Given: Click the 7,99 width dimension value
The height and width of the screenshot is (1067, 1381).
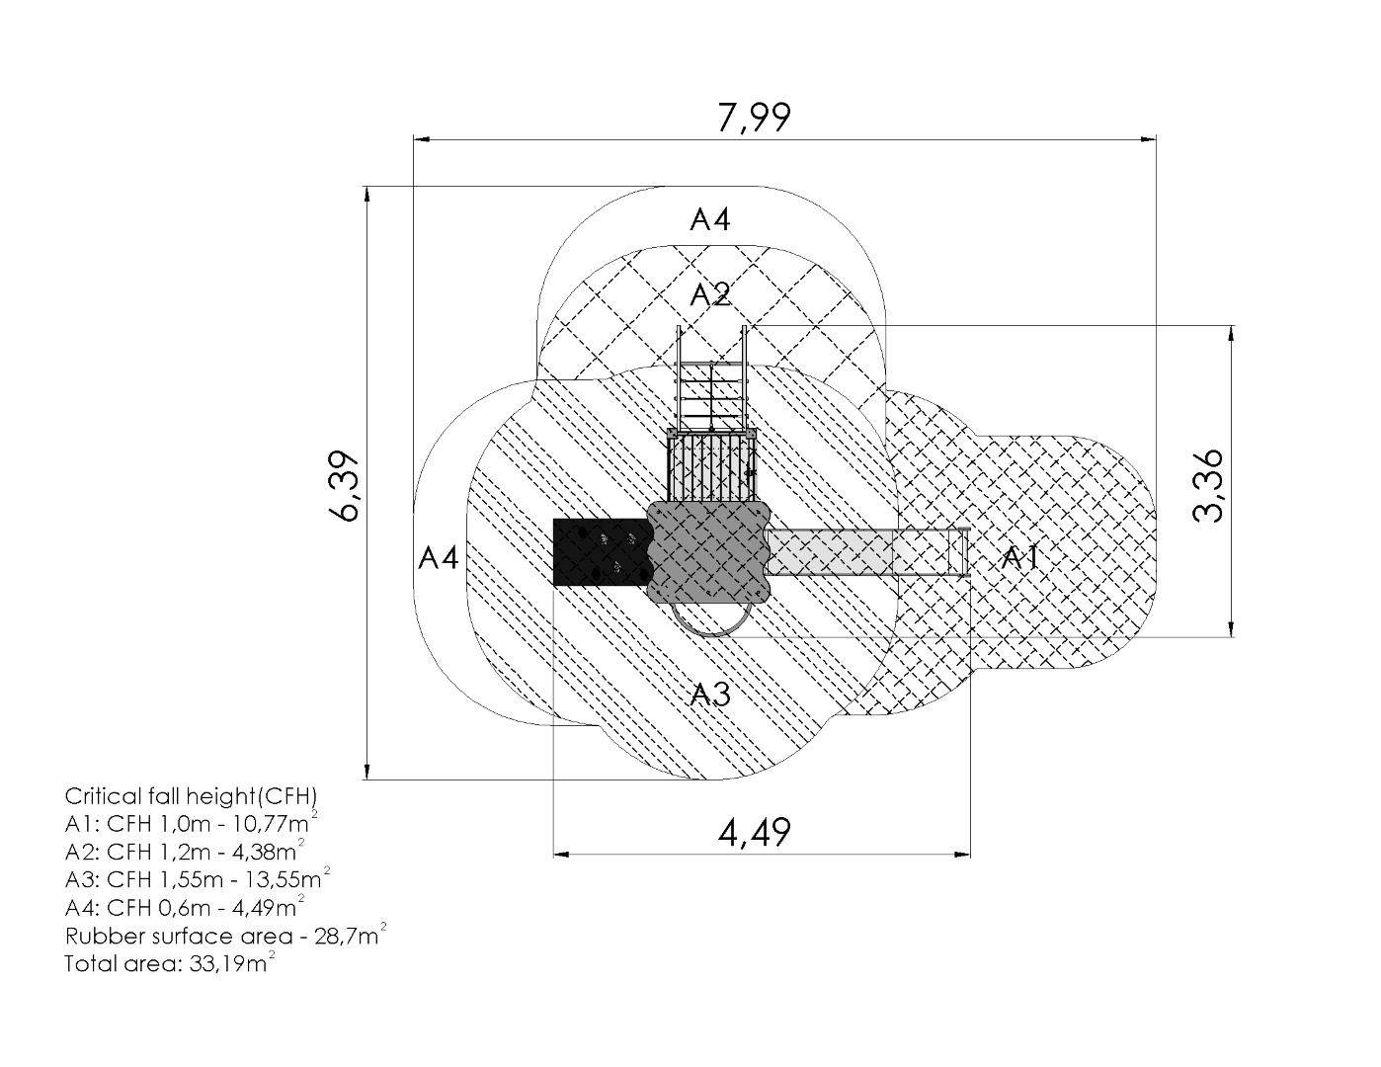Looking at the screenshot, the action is click(755, 118).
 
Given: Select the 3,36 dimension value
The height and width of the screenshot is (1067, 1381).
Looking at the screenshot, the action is click(1207, 486).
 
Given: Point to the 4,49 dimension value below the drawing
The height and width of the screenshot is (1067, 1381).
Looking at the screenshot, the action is click(755, 833).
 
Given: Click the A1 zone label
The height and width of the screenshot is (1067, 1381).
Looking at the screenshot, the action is click(1020, 558).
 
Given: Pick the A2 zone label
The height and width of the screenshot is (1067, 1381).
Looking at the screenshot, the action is click(710, 294).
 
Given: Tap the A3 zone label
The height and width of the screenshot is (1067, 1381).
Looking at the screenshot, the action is click(710, 694).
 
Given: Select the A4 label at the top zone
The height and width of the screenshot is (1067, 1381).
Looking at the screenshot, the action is click(710, 219).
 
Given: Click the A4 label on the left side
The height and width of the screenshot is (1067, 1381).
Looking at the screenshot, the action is click(439, 558).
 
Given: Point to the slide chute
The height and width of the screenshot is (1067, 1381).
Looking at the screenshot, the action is click(867, 551).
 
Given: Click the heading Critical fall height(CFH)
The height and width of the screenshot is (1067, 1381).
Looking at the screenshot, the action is click(192, 796).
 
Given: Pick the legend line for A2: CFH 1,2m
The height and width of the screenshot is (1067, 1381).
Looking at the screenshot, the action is click(185, 851).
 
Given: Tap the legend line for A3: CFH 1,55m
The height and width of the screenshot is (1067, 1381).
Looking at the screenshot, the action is click(198, 878).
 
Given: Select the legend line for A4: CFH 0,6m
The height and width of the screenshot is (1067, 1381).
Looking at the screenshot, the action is click(185, 906).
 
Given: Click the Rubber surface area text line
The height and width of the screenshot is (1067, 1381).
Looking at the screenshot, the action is click(225, 935).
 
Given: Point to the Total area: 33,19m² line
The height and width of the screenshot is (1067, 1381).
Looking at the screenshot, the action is click(170, 962).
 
